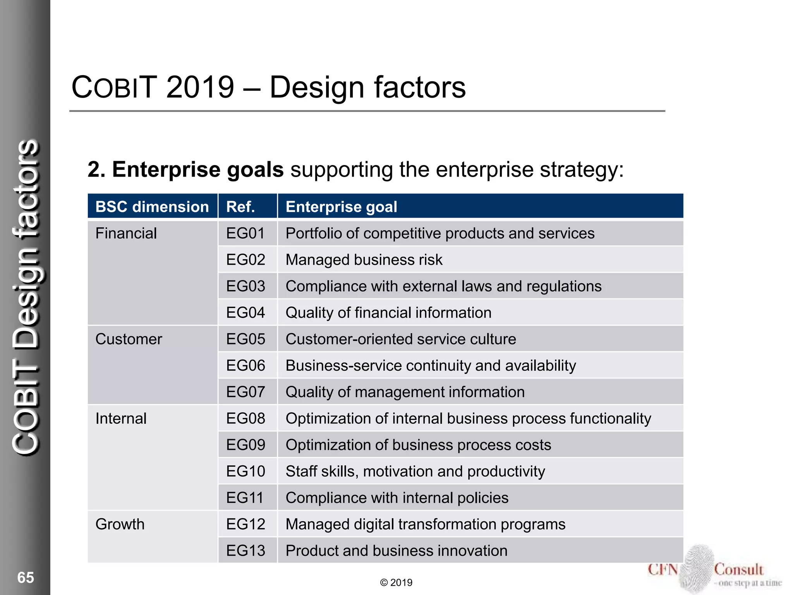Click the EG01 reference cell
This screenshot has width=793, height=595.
(245, 234)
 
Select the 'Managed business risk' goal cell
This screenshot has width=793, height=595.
(364, 260)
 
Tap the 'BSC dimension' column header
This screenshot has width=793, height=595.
(152, 207)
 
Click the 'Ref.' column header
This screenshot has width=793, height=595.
(240, 207)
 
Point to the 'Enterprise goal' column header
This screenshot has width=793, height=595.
(341, 207)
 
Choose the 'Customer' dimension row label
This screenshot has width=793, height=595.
(129, 339)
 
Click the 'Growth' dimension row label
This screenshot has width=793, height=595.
(120, 524)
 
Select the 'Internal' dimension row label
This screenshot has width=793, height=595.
(121, 419)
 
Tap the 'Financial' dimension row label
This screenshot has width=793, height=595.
(126, 234)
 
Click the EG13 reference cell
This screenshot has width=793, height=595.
(245, 551)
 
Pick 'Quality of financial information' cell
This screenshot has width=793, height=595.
(388, 313)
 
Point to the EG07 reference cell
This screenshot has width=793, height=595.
(245, 392)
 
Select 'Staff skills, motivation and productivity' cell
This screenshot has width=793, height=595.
(415, 471)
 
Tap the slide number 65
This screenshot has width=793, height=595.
(26, 578)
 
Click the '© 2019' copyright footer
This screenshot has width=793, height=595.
(396, 583)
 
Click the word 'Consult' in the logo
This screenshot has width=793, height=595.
(738, 570)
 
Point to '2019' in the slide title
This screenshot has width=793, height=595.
(200, 87)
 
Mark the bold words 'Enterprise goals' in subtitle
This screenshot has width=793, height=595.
(198, 170)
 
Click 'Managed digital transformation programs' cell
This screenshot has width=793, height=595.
(425, 524)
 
